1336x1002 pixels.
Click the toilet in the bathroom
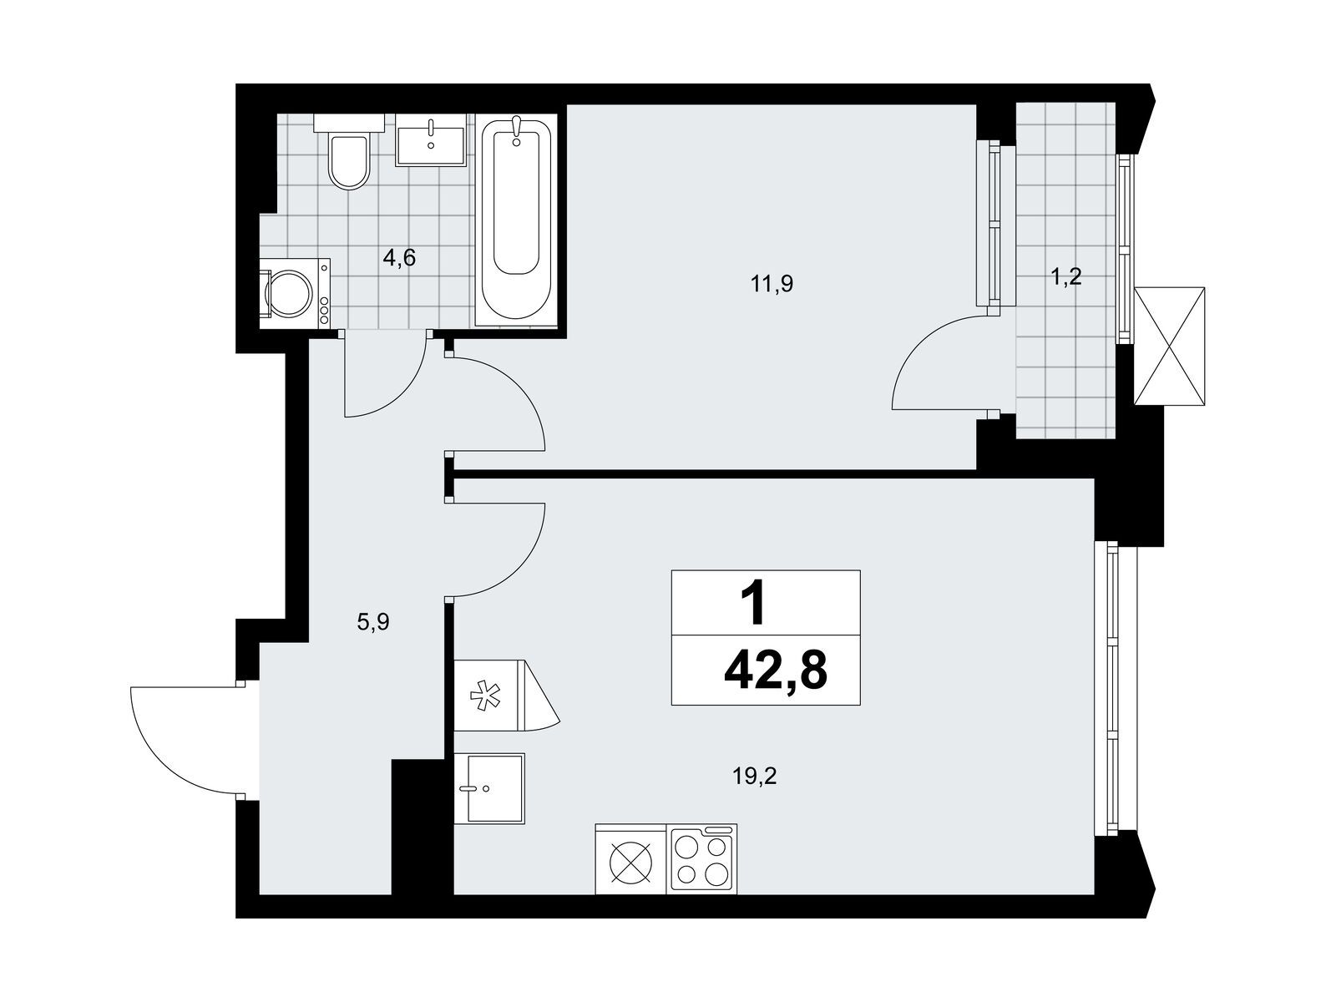349,152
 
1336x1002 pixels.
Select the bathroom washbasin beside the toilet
431,139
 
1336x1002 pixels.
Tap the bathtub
516,219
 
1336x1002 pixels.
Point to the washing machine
295,294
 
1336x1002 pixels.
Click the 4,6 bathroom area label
399,258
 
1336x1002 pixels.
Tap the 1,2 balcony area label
1065,277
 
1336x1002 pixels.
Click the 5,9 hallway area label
372,622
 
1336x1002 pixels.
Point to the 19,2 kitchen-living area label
756,776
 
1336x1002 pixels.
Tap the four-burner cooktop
701,859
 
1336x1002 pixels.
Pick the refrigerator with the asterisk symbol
506,695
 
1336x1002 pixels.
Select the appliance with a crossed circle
631,859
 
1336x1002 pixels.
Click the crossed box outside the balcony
1169,347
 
